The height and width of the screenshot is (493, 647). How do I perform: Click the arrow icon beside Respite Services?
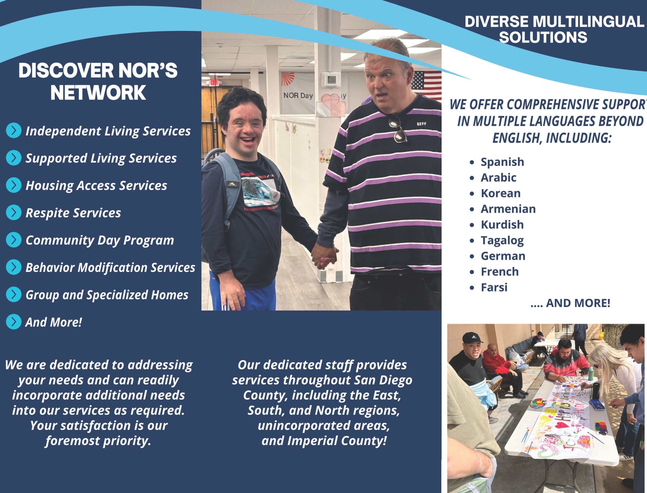tap(14, 213)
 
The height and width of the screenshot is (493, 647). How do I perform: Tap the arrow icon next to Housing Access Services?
tap(14, 185)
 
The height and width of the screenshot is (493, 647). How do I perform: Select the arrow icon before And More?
tap(14, 322)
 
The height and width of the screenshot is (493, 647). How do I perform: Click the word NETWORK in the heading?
tap(98, 93)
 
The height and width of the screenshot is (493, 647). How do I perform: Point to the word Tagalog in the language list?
tap(502, 241)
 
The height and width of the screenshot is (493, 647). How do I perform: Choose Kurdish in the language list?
tap(502, 225)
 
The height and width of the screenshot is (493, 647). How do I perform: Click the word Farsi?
tap(494, 288)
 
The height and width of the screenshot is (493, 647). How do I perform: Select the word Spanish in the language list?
tap(502, 162)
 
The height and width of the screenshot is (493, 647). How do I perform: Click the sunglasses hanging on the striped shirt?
tap(398, 129)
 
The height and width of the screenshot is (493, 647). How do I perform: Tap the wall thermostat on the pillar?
tap(331, 79)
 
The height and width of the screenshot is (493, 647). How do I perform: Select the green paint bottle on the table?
tap(591, 374)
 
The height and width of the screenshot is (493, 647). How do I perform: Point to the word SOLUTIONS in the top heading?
tap(543, 38)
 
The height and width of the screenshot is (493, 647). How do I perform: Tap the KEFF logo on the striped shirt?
tap(421, 124)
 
